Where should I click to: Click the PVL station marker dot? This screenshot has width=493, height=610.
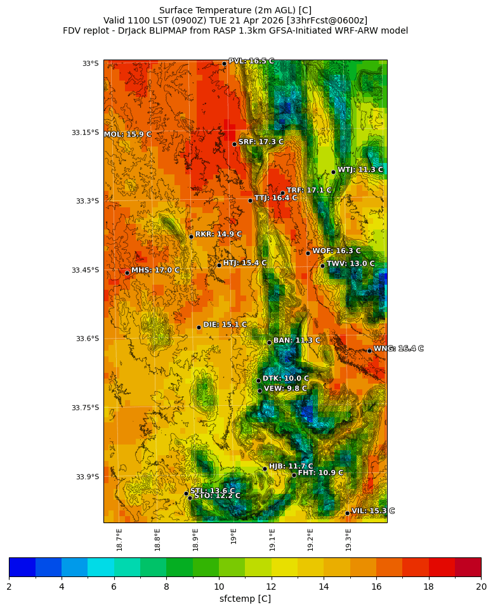(x=224, y=63)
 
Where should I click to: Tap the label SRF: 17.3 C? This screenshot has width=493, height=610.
(x=261, y=142)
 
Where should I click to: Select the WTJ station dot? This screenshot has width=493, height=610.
(x=333, y=172)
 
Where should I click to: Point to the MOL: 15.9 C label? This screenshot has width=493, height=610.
(x=128, y=134)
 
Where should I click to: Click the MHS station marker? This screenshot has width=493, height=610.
(x=127, y=273)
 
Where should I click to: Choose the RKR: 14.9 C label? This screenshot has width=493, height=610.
(x=218, y=234)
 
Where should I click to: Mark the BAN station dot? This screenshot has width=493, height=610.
(x=269, y=342)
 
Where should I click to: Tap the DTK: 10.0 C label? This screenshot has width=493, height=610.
(x=286, y=379)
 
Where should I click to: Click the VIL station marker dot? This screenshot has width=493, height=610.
(x=347, y=513)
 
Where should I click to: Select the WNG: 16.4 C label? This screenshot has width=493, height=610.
(x=398, y=349)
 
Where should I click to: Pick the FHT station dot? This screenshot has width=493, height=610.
(x=294, y=475)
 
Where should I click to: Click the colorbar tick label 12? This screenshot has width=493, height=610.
(x=272, y=587)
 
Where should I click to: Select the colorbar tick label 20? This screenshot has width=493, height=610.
(x=481, y=587)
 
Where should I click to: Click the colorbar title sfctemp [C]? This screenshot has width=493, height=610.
(x=245, y=599)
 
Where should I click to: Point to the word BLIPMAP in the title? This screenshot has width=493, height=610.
(x=179, y=30)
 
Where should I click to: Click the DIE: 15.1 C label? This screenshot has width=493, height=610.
(x=225, y=325)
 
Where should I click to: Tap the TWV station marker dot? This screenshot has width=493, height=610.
(x=322, y=266)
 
